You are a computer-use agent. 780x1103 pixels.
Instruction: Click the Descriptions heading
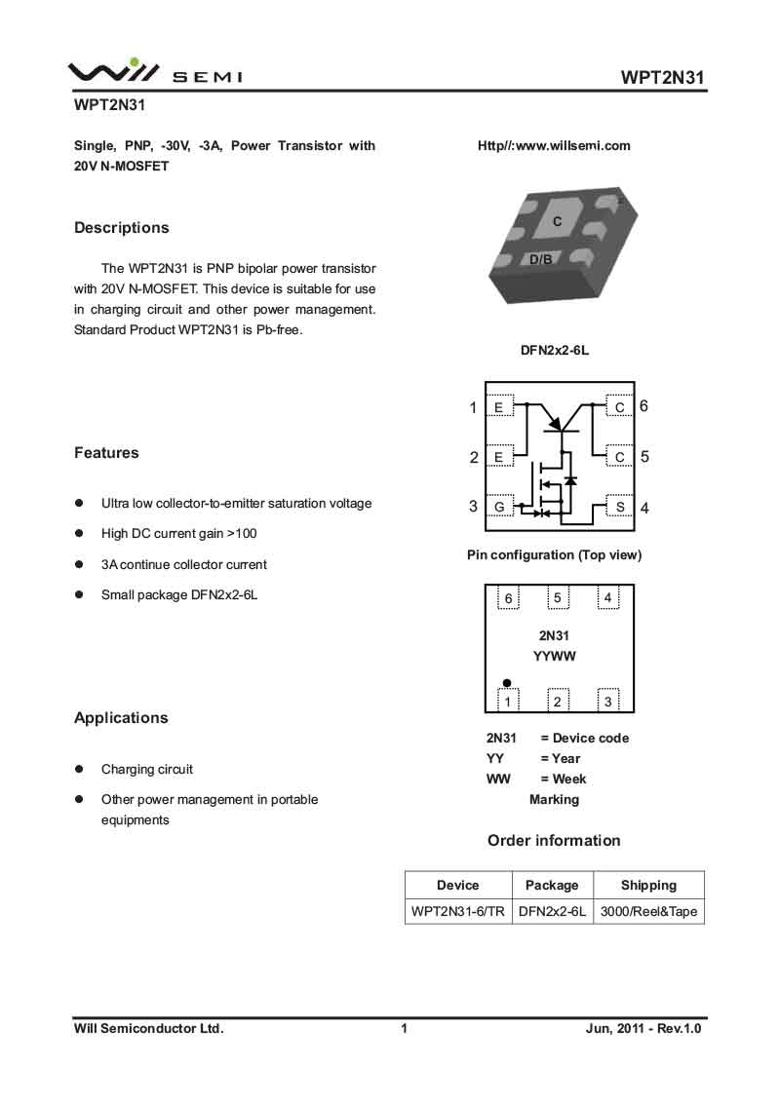point(122,228)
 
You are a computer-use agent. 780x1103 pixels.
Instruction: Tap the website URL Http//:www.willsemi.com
point(554,146)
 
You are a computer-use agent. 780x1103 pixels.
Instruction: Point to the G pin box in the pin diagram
point(499,507)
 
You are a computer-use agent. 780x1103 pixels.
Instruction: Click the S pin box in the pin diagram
point(619,507)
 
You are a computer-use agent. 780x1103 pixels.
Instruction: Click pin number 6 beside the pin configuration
point(644,406)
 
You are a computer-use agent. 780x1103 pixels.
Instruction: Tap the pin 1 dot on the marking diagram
point(507,683)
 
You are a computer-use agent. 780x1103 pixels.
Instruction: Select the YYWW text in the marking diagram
point(555,656)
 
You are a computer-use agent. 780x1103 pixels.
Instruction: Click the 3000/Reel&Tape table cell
point(648,912)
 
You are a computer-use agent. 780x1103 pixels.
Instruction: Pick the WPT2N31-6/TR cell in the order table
point(458,912)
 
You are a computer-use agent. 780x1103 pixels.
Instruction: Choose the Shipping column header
point(648,886)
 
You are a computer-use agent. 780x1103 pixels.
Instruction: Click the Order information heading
point(554,841)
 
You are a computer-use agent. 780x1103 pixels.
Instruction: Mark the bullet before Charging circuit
point(80,769)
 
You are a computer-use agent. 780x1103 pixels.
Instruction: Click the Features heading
point(106,453)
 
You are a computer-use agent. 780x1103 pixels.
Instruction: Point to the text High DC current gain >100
point(179,534)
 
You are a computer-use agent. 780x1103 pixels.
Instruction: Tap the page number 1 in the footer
point(403,1029)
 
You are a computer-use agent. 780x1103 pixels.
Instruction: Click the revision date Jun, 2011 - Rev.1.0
point(643,1029)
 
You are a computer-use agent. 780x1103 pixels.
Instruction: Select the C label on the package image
point(558,222)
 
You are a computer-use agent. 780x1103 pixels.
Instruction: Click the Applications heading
point(121,718)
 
